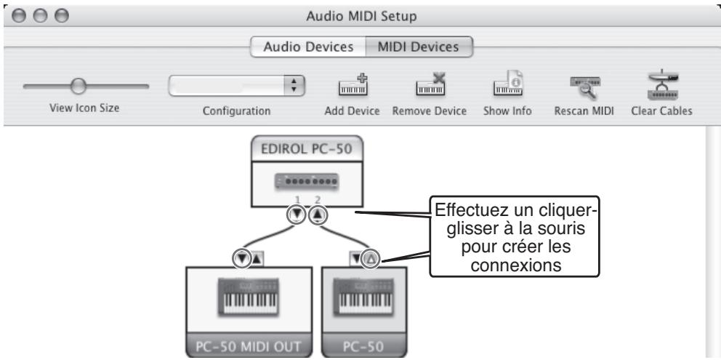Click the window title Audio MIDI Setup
pyautogui.click(x=360, y=12)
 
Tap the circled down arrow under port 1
pyautogui.click(x=297, y=215)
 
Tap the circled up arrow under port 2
pyautogui.click(x=317, y=215)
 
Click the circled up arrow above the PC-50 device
pyautogui.click(x=371, y=257)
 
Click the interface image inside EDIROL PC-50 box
pyautogui.click(x=305, y=179)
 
